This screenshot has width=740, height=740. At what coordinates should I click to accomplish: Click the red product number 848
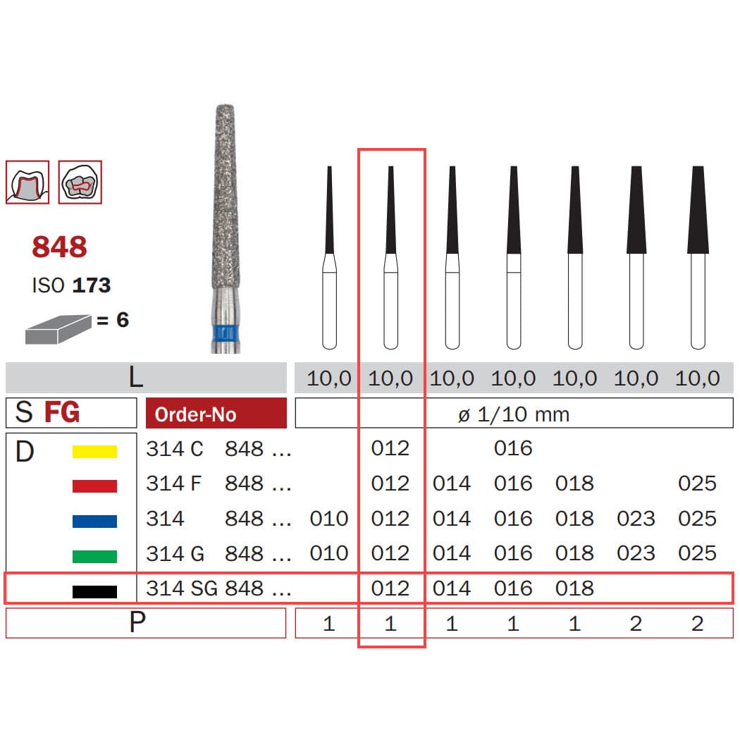pos(59,247)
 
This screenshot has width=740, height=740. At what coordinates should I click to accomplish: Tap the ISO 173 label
pos(71,285)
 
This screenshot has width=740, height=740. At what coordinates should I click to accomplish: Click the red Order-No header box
pos(216,414)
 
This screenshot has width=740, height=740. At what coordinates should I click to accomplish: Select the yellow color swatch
pos(94,451)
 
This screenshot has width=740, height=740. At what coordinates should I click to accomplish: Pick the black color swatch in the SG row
pos(94,591)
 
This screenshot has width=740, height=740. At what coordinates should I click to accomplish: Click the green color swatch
pos(94,556)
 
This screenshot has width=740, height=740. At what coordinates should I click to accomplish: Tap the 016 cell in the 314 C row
pos(513,449)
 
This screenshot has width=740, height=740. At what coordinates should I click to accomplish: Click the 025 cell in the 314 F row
pos(697,484)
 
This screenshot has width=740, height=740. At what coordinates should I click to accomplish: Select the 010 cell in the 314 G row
pos(329,554)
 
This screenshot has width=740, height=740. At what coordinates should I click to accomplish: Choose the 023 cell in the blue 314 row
pos(636,519)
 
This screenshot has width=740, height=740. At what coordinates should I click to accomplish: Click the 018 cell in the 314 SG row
pos(574,588)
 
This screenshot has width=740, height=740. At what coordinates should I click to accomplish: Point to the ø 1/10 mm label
pos(513,414)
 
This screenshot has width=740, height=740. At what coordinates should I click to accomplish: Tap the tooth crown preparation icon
pos(27,182)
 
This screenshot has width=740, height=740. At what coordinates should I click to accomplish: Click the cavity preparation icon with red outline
pos(80,182)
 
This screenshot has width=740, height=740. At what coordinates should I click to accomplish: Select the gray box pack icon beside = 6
pos(58,329)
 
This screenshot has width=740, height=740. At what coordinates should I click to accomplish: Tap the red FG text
pos(62,412)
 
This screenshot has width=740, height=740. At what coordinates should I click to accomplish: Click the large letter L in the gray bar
pos(136,378)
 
